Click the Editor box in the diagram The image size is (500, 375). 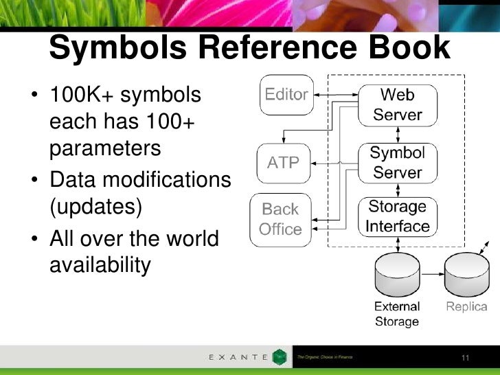click(286, 95)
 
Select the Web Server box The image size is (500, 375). click(397, 104)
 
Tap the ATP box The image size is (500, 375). click(283, 163)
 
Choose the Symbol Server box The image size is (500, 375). click(397, 162)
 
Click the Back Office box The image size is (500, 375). click(280, 218)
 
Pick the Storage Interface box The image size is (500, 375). click(397, 216)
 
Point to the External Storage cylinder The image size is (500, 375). click(397, 275)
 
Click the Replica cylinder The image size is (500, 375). click(466, 275)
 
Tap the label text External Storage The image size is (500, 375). click(397, 314)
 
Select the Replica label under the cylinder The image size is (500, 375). click(466, 306)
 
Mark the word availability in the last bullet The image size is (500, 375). click(100, 265)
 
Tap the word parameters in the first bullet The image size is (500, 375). click(105, 147)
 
